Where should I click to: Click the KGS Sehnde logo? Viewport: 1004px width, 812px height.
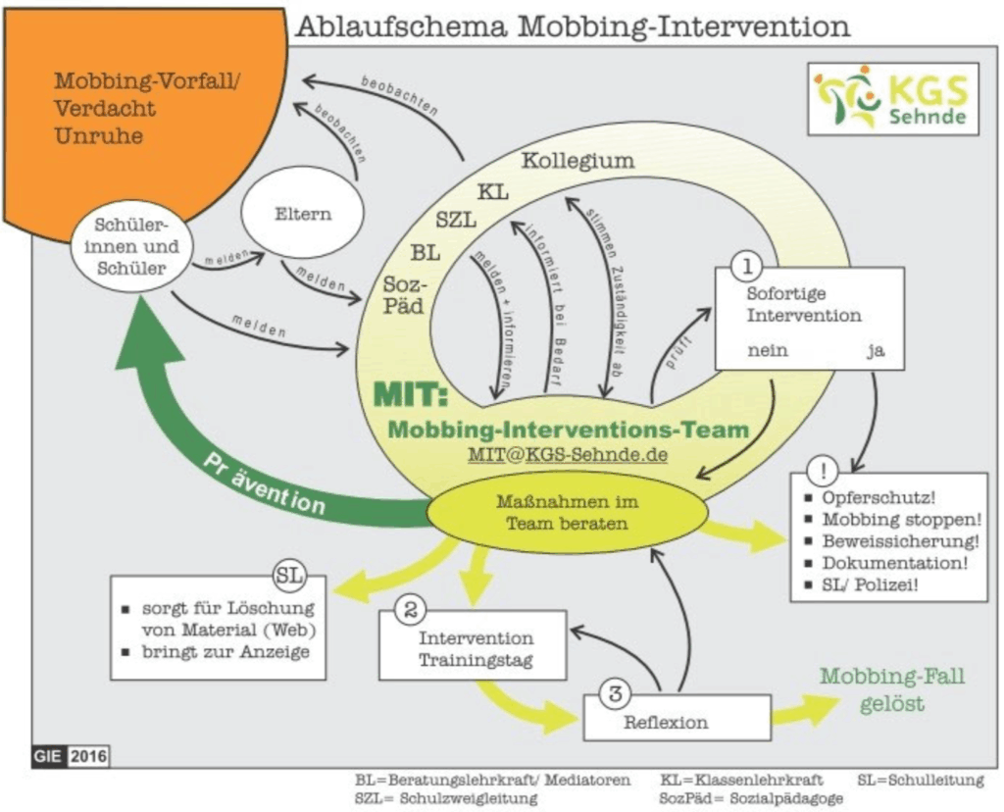pos(892,98)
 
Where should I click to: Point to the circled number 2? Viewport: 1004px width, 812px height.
pos(408,610)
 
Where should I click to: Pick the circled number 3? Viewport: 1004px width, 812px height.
pos(614,695)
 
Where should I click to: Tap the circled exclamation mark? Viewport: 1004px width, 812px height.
pos(820,467)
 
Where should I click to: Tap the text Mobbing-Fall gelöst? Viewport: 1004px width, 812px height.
pos(892,689)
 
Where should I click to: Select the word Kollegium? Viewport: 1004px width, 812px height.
pos(577,161)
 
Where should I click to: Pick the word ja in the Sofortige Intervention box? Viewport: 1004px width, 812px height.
pos(875,349)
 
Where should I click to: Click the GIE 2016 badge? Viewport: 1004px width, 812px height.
pos(70,756)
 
